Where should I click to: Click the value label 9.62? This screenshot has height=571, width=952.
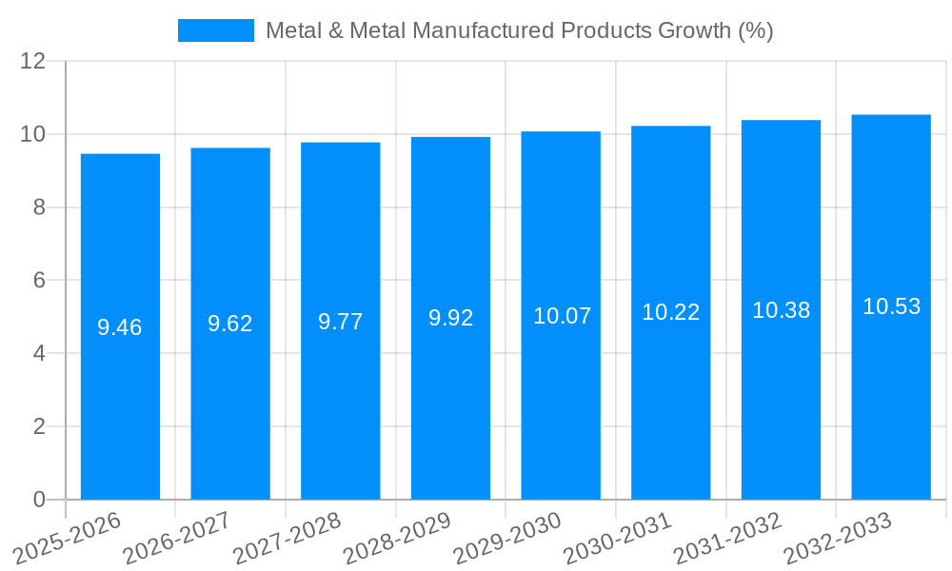click(230, 324)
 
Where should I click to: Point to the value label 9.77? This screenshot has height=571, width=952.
click(341, 322)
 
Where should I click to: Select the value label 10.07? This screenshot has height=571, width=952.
click(562, 316)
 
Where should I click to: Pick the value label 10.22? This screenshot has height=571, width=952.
click(671, 312)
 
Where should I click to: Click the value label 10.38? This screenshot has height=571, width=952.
click(781, 310)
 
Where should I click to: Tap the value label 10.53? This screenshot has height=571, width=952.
click(891, 306)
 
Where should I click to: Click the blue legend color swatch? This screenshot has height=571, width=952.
click(216, 30)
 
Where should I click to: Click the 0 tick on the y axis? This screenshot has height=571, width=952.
click(39, 500)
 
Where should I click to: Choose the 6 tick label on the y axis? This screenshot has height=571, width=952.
click(39, 281)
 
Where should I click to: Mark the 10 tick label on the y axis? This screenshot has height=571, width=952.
click(32, 134)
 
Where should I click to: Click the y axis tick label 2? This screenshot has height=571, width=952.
click(39, 426)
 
